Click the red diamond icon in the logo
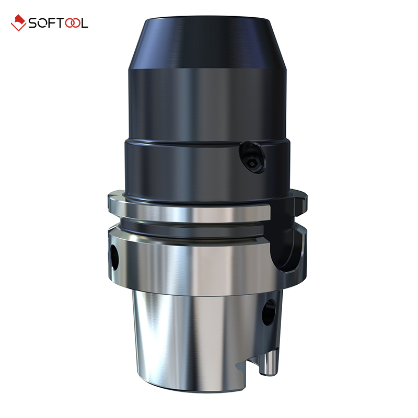[18, 23]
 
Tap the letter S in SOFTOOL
[33, 23]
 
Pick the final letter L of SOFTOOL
[84, 23]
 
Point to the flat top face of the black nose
[206, 19]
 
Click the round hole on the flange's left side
[115, 257]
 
